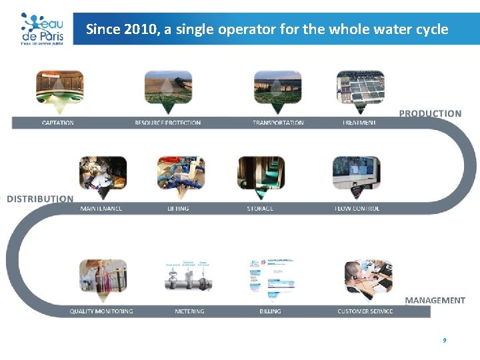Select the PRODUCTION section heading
tap(430, 113)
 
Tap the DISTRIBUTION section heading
tap(40, 199)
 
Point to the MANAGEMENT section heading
tap(435, 300)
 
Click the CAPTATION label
tap(58, 123)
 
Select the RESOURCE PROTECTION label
tap(167, 123)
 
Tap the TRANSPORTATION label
tap(278, 123)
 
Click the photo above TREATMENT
tap(360, 88)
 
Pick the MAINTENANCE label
tap(101, 209)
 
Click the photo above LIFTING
tap(181, 175)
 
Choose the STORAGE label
tap(260, 209)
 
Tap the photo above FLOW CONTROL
tap(356, 175)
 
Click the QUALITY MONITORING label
tap(101, 311)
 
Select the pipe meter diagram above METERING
tap(189, 277)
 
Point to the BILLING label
tap(270, 311)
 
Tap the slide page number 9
tap(444, 340)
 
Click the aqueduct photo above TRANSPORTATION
tap(278, 88)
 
